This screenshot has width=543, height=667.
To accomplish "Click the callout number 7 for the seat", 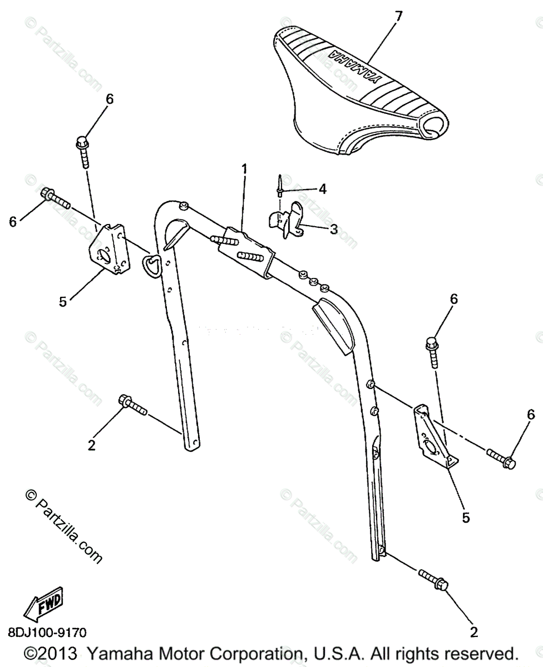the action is point(398,16).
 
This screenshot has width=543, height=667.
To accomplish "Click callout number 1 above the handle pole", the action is point(243,168).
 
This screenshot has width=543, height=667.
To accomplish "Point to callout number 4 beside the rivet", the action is point(322,189).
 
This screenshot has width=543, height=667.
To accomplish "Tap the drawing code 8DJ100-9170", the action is point(47,633).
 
